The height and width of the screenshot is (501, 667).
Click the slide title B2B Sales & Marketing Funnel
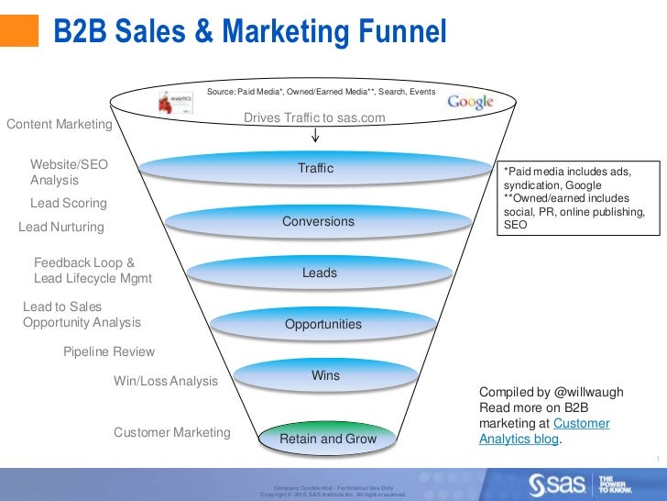pyautogui.click(x=249, y=33)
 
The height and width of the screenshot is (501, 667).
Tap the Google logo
pyautogui.click(x=470, y=102)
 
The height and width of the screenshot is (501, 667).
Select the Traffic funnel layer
pyautogui.click(x=315, y=169)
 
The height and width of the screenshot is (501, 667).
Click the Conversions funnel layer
pyautogui.click(x=318, y=222)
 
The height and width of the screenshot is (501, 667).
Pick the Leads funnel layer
pyautogui.click(x=320, y=273)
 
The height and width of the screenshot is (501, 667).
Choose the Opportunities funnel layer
pyautogui.click(x=323, y=325)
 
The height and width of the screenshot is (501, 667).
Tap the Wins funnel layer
pyautogui.click(x=325, y=376)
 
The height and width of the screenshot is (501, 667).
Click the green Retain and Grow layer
pyautogui.click(x=327, y=440)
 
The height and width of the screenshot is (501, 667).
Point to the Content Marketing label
pyautogui.click(x=60, y=124)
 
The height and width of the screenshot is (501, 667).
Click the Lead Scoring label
pyautogui.click(x=69, y=203)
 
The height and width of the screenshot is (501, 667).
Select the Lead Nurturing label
pyautogui.click(x=61, y=227)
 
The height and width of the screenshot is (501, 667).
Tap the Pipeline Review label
pyautogui.click(x=109, y=351)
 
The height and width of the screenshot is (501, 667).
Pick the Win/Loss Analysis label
pyautogui.click(x=166, y=381)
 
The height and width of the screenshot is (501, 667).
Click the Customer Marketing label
pyautogui.click(x=172, y=432)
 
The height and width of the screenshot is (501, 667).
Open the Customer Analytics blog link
pyautogui.click(x=544, y=431)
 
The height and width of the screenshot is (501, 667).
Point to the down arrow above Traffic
pyautogui.click(x=315, y=136)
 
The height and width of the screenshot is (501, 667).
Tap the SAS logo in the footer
pyautogui.click(x=561, y=484)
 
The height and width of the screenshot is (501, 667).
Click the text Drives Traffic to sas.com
pyautogui.click(x=314, y=118)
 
